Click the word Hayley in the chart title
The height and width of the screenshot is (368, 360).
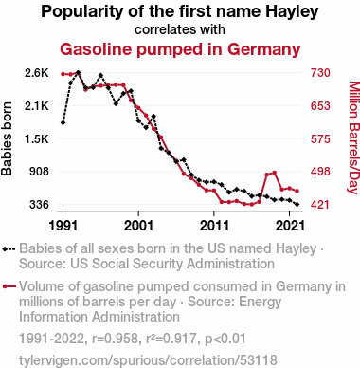pyautogui.click(x=292, y=12)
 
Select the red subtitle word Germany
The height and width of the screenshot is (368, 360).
pyautogui.click(x=263, y=50)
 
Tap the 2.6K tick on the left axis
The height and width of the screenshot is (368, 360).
pyautogui.click(x=37, y=73)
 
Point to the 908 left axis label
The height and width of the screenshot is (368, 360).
pyautogui.click(x=39, y=172)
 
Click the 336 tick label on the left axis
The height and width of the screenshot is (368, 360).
pyautogui.click(x=39, y=205)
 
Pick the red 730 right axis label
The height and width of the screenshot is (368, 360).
pyautogui.click(x=320, y=73)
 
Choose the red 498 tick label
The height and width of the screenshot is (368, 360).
pyautogui.click(x=320, y=172)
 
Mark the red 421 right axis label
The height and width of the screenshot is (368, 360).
pyautogui.click(x=320, y=205)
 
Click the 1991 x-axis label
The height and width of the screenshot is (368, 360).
pyautogui.click(x=63, y=226)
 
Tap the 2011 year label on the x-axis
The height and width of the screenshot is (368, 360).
pyautogui.click(x=214, y=226)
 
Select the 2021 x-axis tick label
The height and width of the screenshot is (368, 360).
pyautogui.click(x=290, y=226)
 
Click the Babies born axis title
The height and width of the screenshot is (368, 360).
pyautogui.click(x=7, y=138)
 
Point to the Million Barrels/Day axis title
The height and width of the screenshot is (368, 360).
pyautogui.click(x=354, y=138)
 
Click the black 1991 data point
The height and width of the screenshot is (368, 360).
pyautogui.click(x=63, y=122)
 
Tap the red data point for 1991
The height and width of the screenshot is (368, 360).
pyautogui.click(x=63, y=74)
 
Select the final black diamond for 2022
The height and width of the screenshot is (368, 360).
pyautogui.click(x=297, y=205)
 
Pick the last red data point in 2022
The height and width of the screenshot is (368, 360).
pyautogui.click(x=297, y=191)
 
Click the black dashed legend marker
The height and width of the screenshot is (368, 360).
pyautogui.click(x=9, y=249)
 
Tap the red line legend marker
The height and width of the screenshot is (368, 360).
pyautogui.click(x=9, y=286)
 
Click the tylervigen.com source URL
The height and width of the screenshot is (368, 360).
pyautogui.click(x=148, y=360)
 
